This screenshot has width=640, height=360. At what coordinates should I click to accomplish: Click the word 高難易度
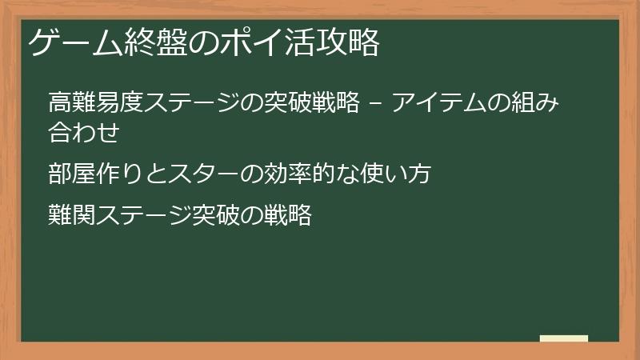point(89,104)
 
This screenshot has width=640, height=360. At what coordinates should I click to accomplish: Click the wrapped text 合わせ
point(84,132)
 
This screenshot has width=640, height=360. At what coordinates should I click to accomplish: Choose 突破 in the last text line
point(217,215)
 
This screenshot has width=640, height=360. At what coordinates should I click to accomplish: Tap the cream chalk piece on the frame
point(564,339)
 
